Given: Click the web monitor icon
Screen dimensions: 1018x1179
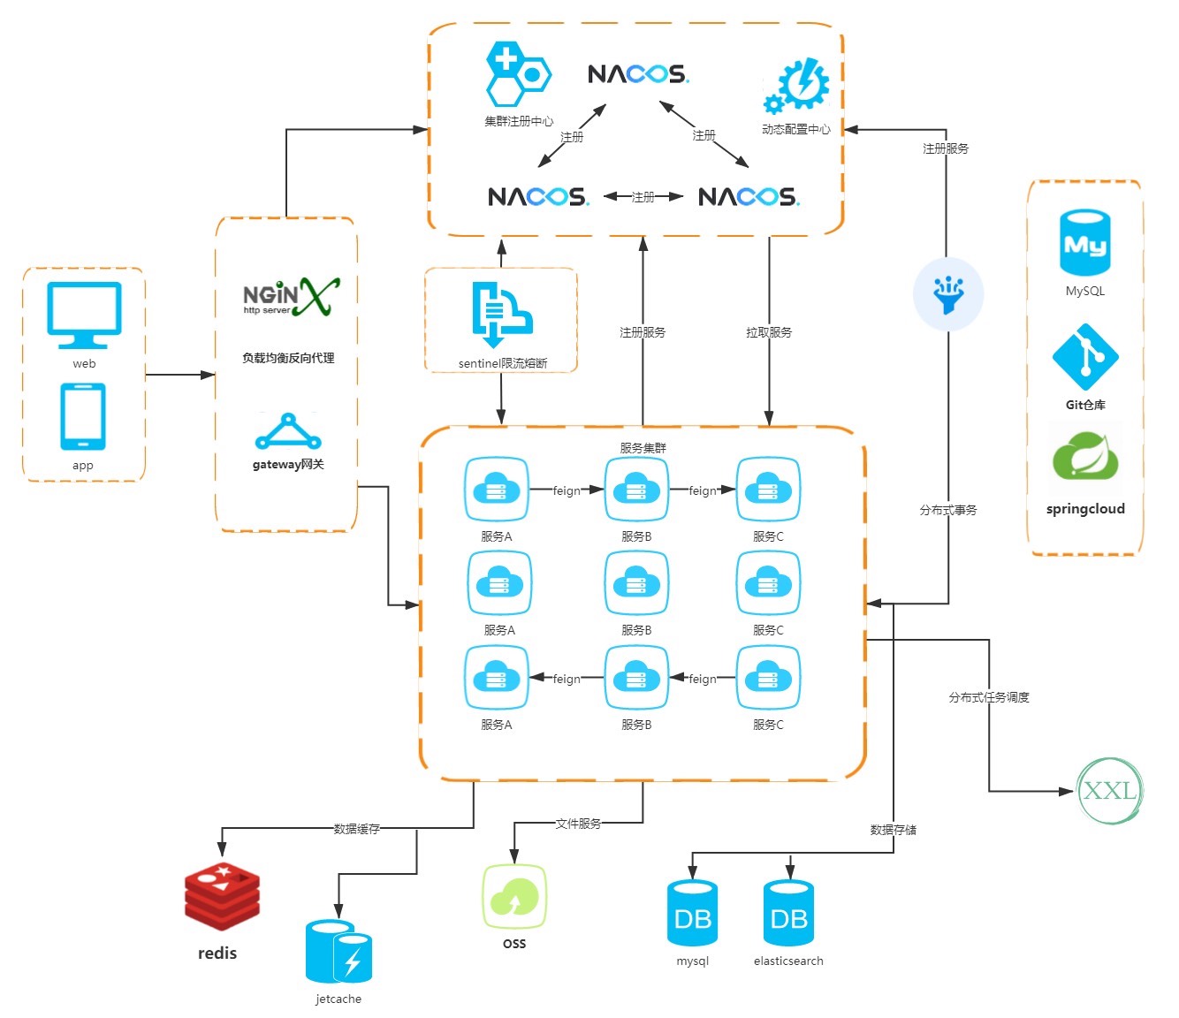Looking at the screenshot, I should tap(84, 315).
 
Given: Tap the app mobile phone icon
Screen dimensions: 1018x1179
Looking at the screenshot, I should tap(83, 416).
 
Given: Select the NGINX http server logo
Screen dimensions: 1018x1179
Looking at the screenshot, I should tap(290, 297).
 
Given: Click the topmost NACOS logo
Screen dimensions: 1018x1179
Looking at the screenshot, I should tap(638, 73).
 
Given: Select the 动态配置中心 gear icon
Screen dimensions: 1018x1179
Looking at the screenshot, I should tap(797, 86).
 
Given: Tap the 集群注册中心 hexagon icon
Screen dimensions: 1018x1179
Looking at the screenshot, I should tap(518, 73).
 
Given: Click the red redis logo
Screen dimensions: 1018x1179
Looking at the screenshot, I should tap(222, 897).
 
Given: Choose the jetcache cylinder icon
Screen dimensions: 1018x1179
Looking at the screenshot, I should tap(338, 952).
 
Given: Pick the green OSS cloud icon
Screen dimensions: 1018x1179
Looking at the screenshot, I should tap(514, 896).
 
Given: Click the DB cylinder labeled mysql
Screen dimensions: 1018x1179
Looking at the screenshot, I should tap(693, 914).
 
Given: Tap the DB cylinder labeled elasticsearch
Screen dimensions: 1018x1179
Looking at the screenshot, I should tap(788, 914).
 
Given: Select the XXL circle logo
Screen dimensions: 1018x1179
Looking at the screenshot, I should tap(1110, 790).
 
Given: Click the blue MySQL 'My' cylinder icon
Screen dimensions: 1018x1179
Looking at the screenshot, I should tap(1084, 243).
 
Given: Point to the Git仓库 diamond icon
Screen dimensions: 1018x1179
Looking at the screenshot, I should tap(1085, 358).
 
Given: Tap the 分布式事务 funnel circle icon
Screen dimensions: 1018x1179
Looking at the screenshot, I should tap(948, 294).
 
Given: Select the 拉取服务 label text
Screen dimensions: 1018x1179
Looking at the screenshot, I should tap(769, 332).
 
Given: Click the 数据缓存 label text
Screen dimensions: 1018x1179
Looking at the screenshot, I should tap(357, 829).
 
